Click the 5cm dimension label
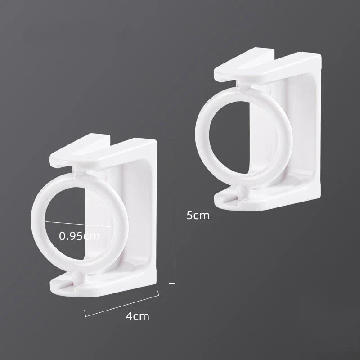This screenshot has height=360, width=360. tap(198, 215)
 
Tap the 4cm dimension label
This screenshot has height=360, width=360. tap(138, 316)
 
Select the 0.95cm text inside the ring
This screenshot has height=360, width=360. tap(79, 235)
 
